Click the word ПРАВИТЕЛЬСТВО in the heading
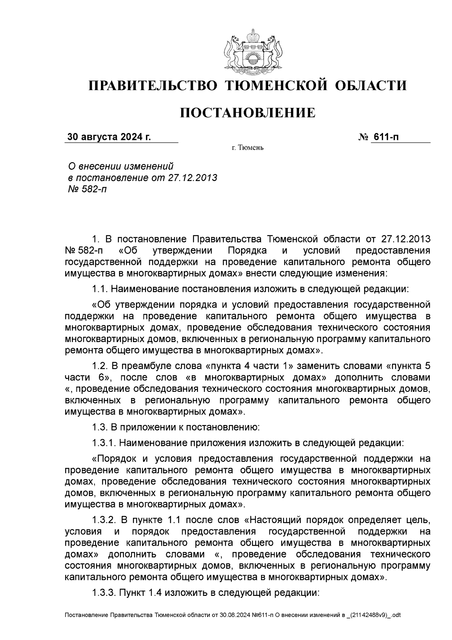[x=153, y=86]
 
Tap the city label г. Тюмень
[x=247, y=147]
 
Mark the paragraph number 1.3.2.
[x=105, y=520]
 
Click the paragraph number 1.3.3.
[x=105, y=592]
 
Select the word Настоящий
[x=276, y=520]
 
